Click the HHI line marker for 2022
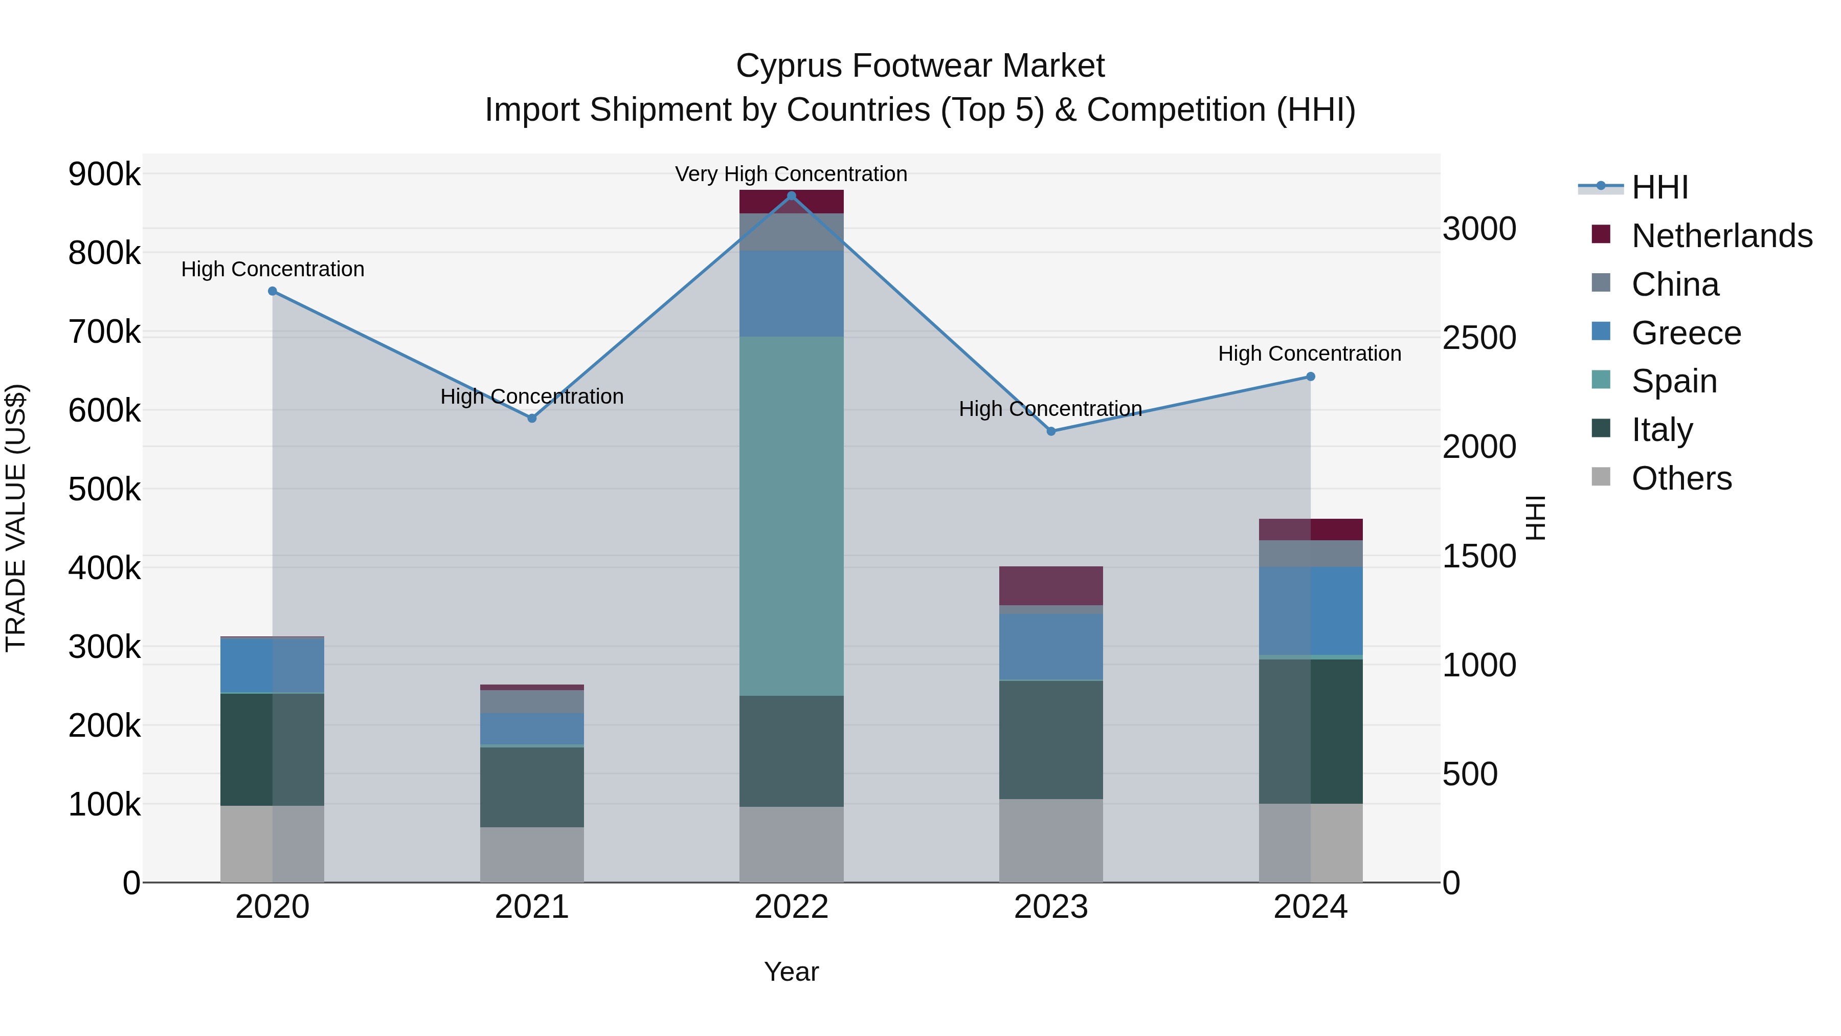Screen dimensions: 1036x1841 [791, 195]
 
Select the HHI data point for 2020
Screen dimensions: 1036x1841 [272, 291]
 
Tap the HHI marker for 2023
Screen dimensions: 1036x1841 [1050, 431]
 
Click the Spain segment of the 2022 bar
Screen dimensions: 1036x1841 [791, 515]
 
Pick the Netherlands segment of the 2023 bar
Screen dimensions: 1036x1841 [1050, 586]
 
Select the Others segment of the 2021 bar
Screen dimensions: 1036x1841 [532, 854]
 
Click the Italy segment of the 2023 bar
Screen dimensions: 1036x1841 [1050, 739]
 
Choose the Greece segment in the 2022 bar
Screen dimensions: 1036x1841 [791, 293]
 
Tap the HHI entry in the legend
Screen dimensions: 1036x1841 [1659, 187]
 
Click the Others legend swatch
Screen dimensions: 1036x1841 [1601, 477]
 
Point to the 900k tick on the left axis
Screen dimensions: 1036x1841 [104, 174]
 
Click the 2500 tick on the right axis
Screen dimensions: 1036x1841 [1478, 338]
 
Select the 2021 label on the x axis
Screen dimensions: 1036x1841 [532, 907]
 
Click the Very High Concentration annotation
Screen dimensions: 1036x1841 [791, 174]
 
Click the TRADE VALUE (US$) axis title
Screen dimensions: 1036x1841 [16, 518]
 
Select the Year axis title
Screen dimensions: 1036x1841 [791, 972]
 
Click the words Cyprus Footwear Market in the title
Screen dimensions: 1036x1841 [920, 66]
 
